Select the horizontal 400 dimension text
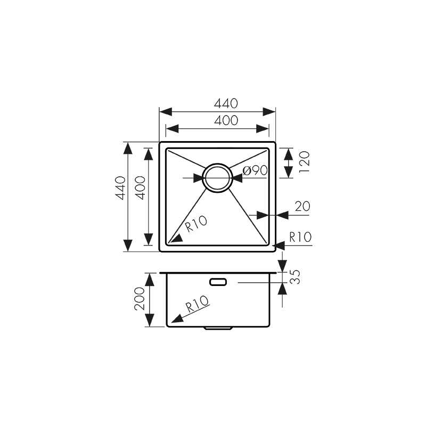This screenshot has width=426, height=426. [226, 121]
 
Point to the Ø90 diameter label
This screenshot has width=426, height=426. [254, 171]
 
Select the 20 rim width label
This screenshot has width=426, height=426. [302, 207]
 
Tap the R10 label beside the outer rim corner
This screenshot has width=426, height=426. [299, 237]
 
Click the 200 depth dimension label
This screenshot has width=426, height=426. [140, 299]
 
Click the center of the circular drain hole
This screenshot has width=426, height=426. [217, 177]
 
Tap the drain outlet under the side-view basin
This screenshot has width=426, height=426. [218, 328]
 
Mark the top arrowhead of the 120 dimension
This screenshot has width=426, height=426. [288, 153]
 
